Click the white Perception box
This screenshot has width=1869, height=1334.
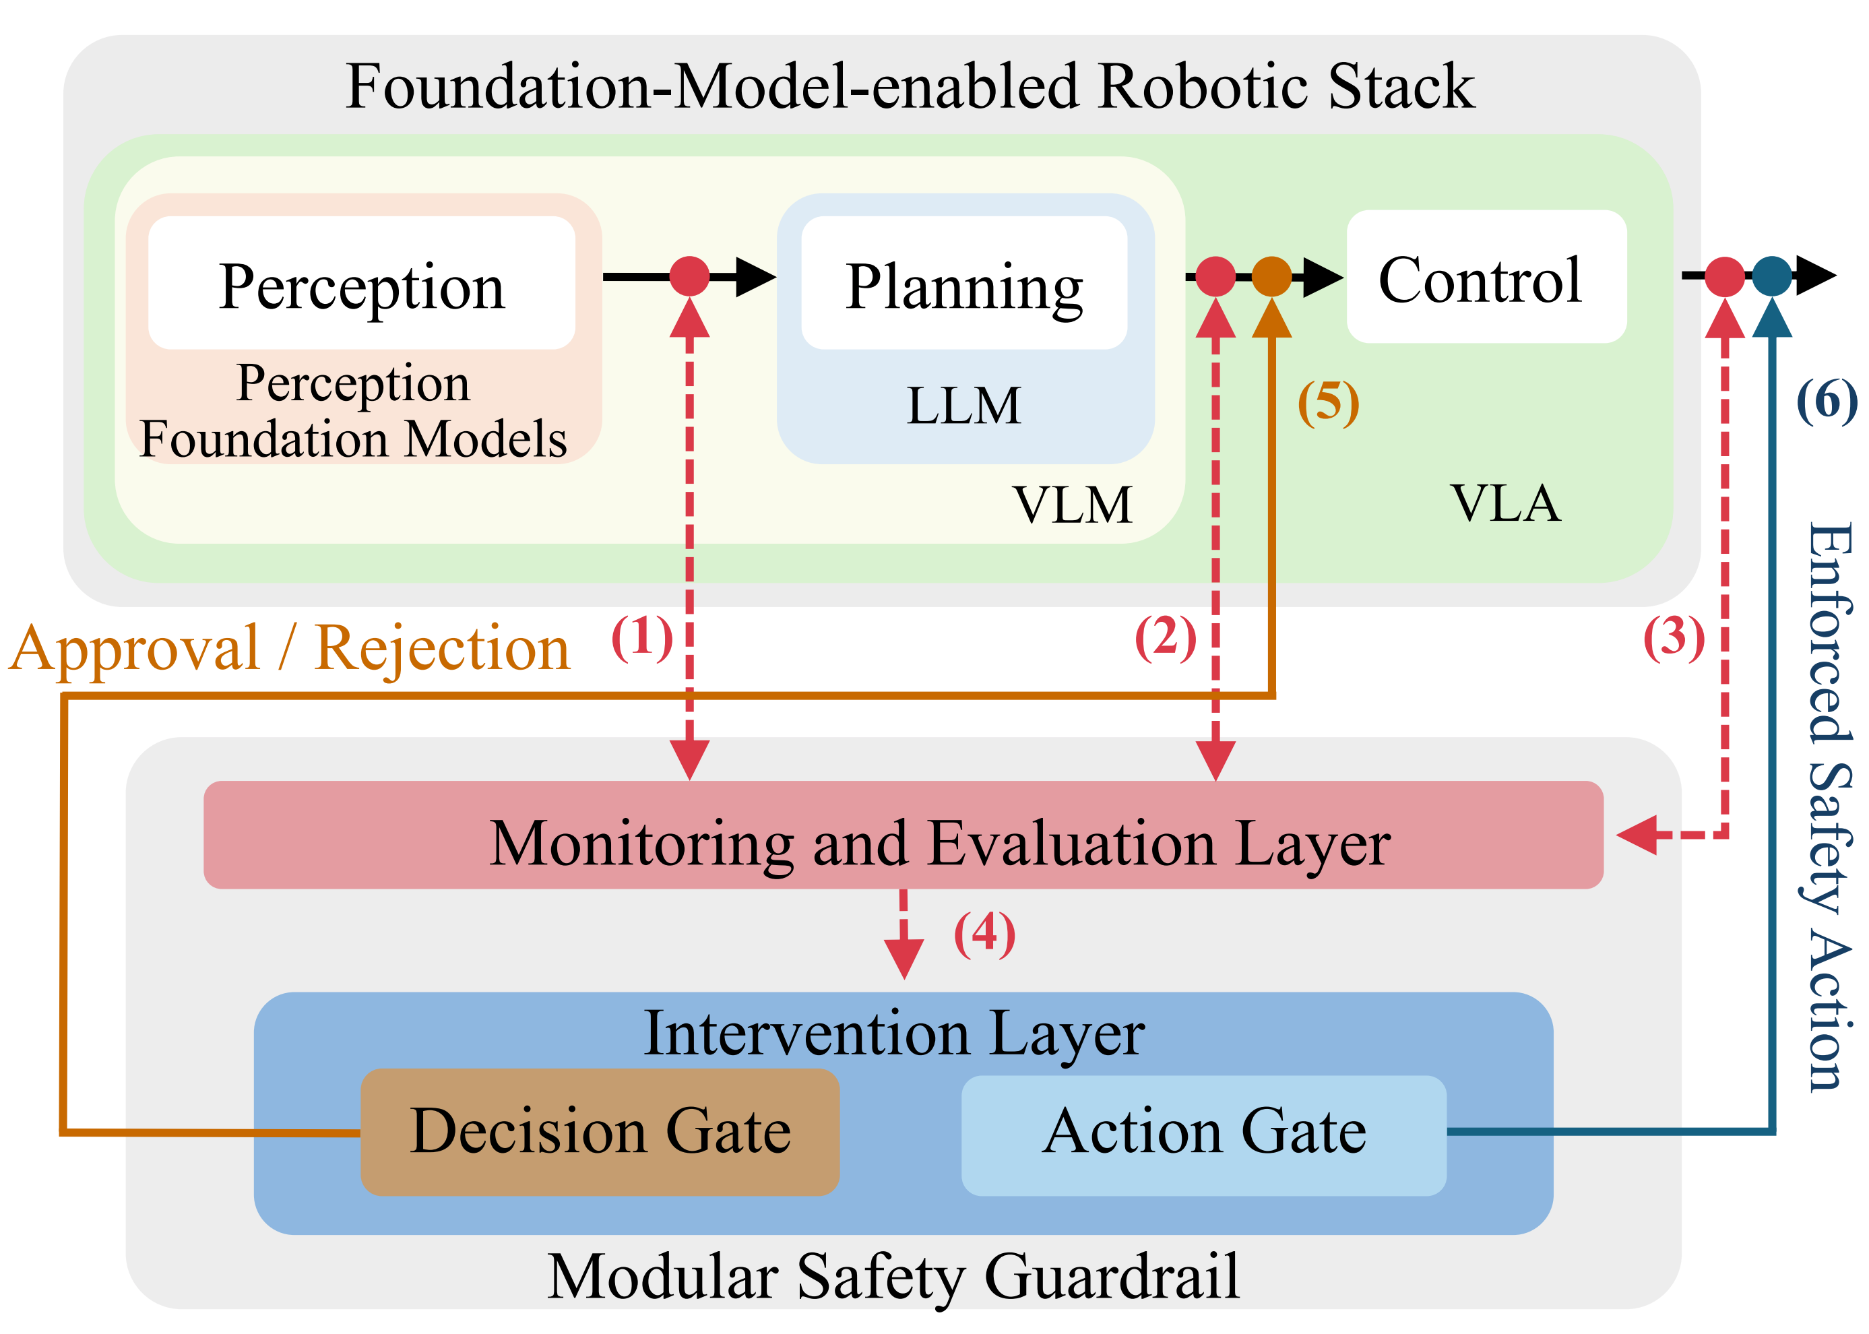362,284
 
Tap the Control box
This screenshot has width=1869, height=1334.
1486,277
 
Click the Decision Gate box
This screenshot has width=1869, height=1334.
600,1131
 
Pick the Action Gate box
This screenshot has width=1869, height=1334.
1203,1135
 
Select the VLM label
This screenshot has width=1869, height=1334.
1072,505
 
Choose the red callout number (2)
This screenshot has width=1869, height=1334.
1165,637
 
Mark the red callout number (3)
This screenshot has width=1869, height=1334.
1674,637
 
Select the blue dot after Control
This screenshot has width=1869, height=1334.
1771,276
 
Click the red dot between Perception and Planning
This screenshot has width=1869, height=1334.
689,276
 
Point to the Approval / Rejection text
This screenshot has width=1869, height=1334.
289,649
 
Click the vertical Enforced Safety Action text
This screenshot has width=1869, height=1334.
1831,805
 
